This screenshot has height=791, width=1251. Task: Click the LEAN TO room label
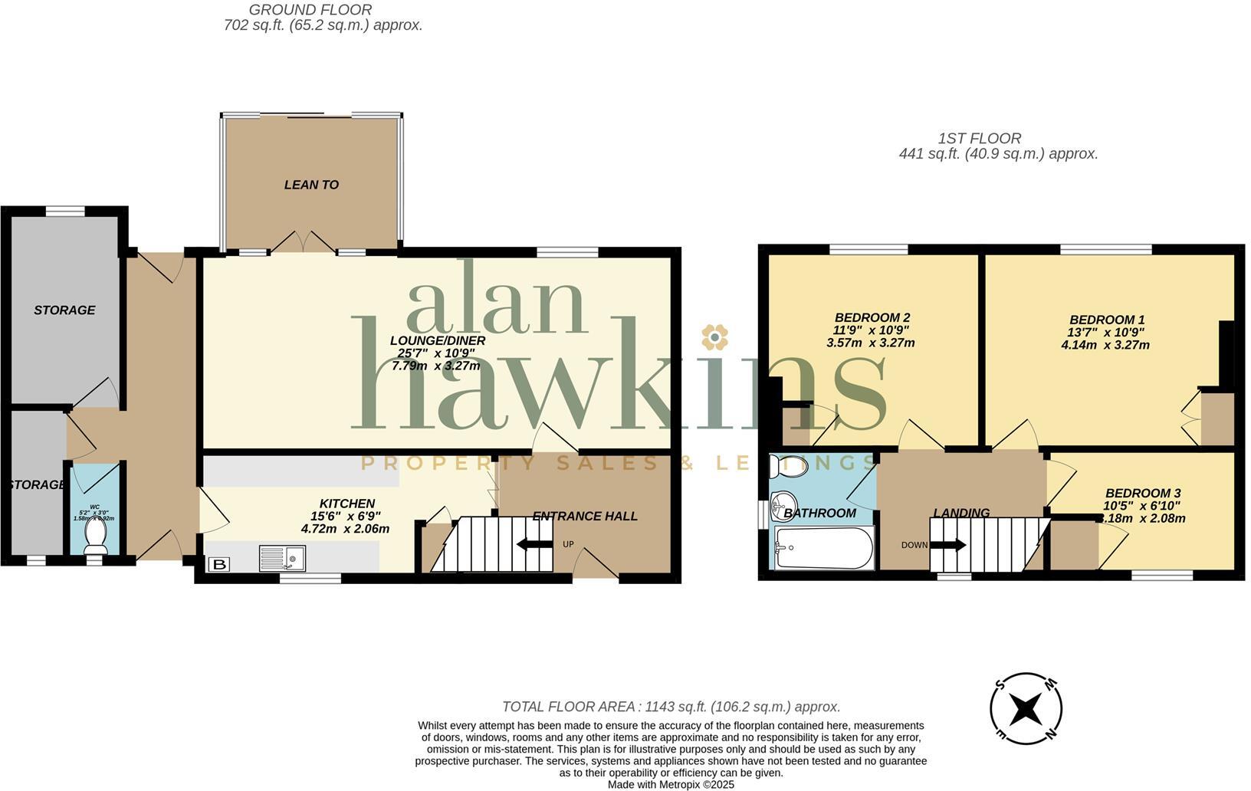(311, 185)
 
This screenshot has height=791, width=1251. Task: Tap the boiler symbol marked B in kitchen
(218, 565)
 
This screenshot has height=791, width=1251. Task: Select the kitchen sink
(282, 557)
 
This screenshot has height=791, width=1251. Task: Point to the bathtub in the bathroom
(823, 547)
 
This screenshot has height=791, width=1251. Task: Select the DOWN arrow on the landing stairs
(948, 545)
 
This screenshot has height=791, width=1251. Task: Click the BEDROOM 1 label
(1106, 320)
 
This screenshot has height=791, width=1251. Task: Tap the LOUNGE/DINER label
(437, 340)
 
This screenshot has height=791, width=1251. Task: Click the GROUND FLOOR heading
(310, 10)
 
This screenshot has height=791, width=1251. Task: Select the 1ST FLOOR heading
(979, 139)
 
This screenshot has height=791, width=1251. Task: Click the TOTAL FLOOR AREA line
(671, 707)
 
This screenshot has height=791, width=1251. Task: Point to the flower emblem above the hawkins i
(714, 336)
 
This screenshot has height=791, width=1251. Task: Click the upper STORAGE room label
(64, 310)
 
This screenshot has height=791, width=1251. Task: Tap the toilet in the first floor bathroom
(789, 465)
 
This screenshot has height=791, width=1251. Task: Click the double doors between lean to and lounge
(303, 242)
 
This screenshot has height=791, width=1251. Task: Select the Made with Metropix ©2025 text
(671, 784)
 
